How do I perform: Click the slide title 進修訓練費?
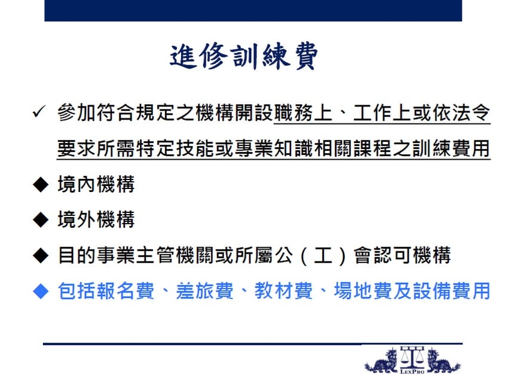244,57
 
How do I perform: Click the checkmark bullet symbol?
39,112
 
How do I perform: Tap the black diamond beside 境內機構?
41,184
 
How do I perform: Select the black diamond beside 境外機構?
41,220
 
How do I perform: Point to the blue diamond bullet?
41,291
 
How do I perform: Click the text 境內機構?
96,184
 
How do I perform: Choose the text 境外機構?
96,219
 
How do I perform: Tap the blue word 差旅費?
204,291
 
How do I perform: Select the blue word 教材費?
283,291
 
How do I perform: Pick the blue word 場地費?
363,291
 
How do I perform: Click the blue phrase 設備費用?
451,291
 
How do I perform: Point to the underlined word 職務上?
303,113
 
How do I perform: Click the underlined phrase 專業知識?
274,148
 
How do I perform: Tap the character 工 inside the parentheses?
323,255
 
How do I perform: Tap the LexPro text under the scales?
412,371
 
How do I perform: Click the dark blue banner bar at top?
253,10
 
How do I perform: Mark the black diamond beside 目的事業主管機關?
41,255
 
